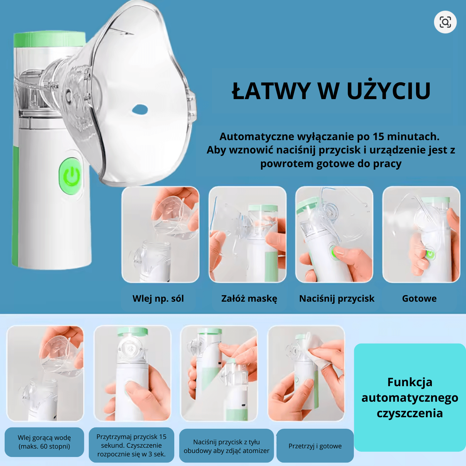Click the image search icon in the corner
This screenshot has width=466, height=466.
click(x=445, y=22)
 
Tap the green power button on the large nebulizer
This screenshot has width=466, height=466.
click(x=71, y=176)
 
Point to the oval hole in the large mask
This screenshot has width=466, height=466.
click(x=140, y=109)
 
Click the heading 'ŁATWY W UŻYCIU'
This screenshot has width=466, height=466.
click(x=331, y=91)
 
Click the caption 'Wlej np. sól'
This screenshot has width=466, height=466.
click(x=158, y=299)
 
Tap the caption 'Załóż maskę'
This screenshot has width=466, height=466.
click(x=249, y=299)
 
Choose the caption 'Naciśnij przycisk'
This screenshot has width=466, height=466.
click(x=337, y=299)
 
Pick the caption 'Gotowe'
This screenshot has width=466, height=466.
click(x=419, y=299)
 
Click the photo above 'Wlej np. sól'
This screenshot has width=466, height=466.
click(x=160, y=234)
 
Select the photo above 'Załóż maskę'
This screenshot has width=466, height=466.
click(x=247, y=234)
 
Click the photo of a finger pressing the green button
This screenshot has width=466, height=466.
click(x=334, y=234)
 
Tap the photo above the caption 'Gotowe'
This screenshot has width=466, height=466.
click(x=421, y=234)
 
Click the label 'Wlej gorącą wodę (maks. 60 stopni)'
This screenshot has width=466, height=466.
click(x=44, y=442)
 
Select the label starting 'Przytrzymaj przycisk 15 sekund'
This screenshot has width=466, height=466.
click(x=131, y=445)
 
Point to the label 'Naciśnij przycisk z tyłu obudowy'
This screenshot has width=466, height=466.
click(x=226, y=446)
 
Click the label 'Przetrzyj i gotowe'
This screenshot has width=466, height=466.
click(x=315, y=446)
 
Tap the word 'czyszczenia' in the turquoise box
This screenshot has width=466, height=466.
click(x=410, y=413)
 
